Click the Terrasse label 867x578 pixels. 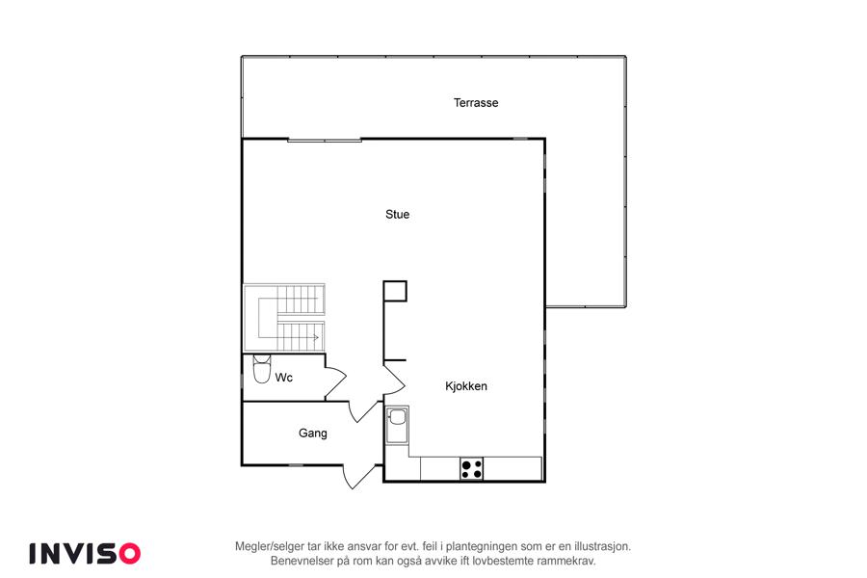476,103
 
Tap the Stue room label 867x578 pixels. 397,214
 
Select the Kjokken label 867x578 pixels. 466,386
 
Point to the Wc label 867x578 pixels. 283,378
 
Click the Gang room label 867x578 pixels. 312,433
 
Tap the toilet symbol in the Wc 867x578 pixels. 261,369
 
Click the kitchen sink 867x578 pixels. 397,425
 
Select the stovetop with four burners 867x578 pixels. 472,469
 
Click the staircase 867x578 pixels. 284,318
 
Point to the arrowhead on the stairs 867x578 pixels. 316,337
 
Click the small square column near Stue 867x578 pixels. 395,291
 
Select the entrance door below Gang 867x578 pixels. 360,476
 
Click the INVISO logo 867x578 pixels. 85,554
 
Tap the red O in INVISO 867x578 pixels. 130,554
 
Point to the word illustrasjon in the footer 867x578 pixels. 602,546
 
